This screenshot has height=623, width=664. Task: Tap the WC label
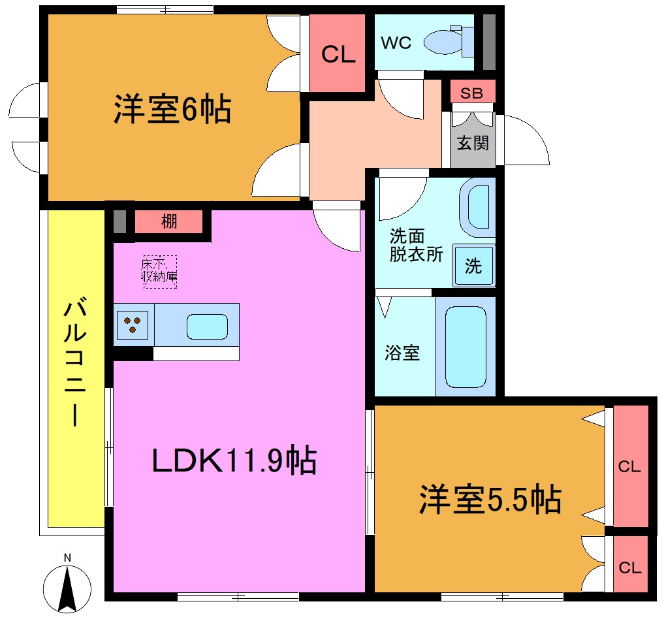pos(396,43)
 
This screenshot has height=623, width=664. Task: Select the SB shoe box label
pos(471,93)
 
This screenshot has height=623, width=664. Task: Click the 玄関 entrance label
pos(472,142)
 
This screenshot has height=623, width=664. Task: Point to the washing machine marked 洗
pos(473,266)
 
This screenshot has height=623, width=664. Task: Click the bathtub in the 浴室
pos(466,347)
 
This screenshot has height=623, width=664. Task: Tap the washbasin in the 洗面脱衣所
pos(479,208)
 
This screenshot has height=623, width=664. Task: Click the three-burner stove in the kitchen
pos(133,325)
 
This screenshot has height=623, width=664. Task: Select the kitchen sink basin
pos(208,325)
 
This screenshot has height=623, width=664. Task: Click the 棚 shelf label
pos(169,222)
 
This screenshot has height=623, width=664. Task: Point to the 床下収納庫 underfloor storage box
pos(160,271)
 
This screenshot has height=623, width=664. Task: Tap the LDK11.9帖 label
pos(234,460)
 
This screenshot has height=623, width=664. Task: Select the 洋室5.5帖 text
pos(490,500)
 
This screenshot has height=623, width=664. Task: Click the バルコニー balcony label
pos(76,363)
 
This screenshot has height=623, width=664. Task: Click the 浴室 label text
pos(402,353)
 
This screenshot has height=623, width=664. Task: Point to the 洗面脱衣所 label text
pos(416,245)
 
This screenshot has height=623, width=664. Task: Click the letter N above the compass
pos(67,557)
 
